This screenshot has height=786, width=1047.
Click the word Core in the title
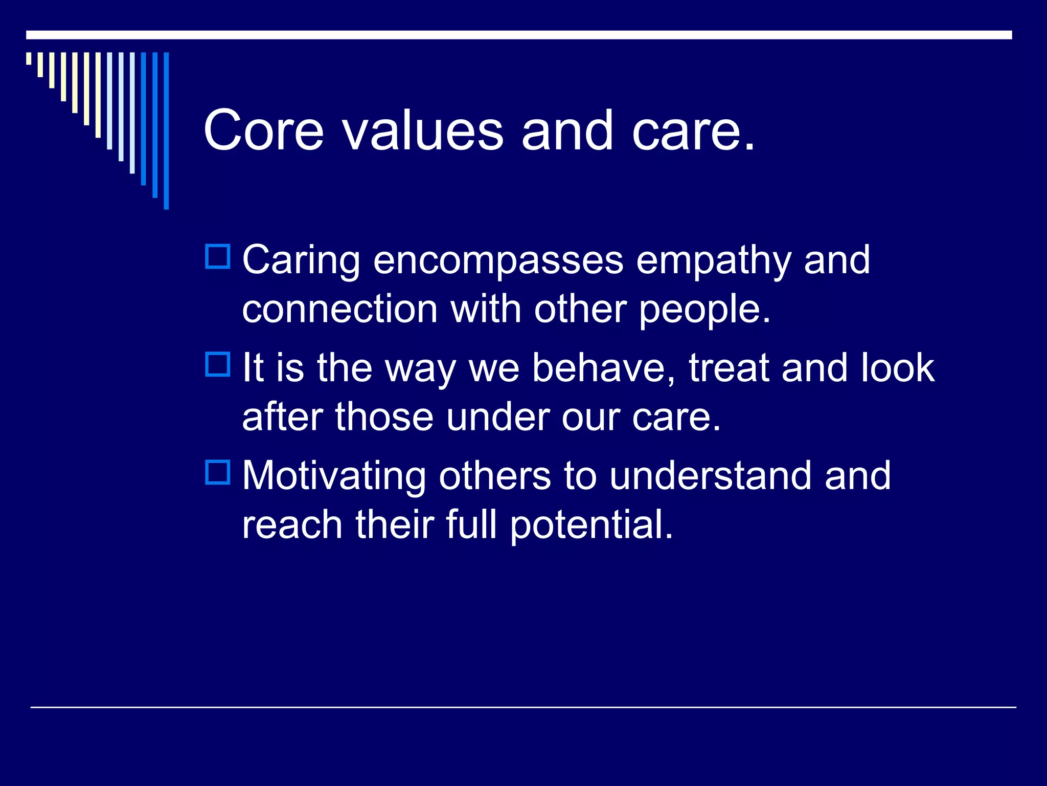264,130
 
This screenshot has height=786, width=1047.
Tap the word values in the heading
423,130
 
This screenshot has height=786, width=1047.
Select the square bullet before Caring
218,256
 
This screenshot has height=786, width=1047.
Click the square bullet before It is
218,364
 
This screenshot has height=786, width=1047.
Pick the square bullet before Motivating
218,472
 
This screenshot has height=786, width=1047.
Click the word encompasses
498,261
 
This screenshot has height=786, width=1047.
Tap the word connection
339,309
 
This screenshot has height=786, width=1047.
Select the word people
704,310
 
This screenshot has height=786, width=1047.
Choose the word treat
729,368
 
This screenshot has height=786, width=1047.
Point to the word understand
711,476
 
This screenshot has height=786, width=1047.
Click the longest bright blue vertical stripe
166,130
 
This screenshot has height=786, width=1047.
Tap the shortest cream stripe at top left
29,58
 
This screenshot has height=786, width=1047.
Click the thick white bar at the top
519,35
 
